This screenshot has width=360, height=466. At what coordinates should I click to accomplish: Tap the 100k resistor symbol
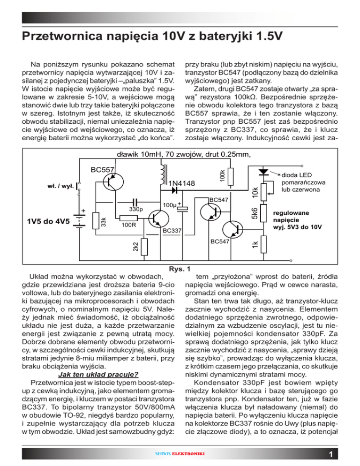point(230,174)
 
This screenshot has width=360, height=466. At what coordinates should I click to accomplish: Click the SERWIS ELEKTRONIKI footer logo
point(180,454)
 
